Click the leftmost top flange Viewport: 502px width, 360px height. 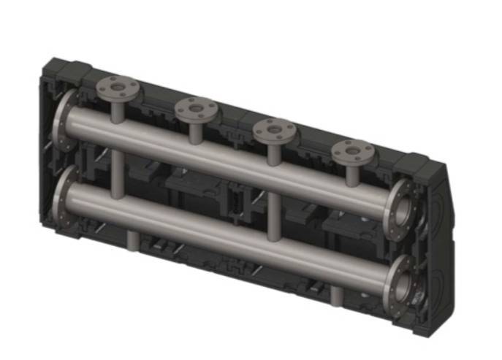[118, 88]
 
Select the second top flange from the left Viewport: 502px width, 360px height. [196, 111]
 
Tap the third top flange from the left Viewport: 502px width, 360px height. [274, 132]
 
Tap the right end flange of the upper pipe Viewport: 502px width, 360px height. [401, 207]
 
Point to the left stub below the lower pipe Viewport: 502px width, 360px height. [132, 240]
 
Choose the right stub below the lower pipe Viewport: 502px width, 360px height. [335, 295]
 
